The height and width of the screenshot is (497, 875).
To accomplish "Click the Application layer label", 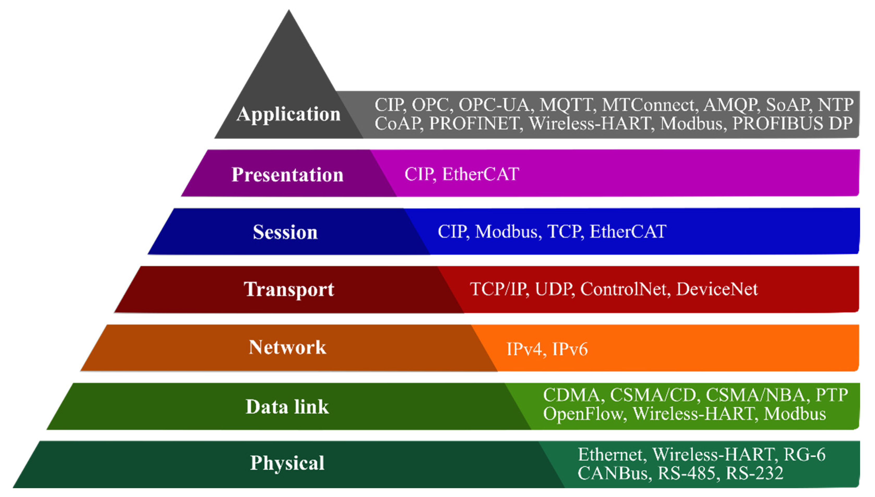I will click(289, 114).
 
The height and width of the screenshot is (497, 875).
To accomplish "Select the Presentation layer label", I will click(287, 175).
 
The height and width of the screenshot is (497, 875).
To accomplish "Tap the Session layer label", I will click(285, 232).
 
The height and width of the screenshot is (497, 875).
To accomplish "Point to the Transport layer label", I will click(289, 289).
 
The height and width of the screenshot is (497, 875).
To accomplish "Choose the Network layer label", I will click(287, 348).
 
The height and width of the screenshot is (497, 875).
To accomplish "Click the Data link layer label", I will click(287, 407).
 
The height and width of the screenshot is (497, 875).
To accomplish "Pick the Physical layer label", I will click(287, 463).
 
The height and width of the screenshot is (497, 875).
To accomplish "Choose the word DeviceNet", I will click(717, 289).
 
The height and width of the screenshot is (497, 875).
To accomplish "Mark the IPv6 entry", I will click(570, 349).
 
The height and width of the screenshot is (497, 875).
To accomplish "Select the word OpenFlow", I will click(583, 414).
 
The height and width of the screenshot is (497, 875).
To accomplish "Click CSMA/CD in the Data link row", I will click(653, 395).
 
